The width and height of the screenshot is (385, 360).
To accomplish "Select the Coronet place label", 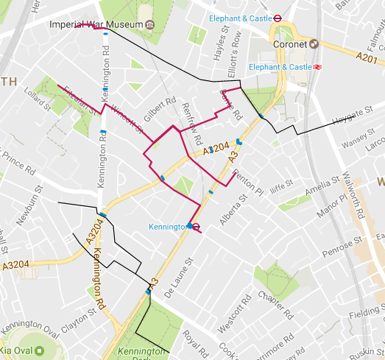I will coord(290,43).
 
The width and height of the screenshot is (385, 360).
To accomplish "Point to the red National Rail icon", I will coord(318,67).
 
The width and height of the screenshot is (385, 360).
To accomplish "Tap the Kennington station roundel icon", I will coord(190,227).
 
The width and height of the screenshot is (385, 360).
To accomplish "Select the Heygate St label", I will coord(354,116).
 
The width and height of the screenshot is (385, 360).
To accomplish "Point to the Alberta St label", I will coord(235,211).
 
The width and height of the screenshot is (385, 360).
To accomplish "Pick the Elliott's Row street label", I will coord(236,48).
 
